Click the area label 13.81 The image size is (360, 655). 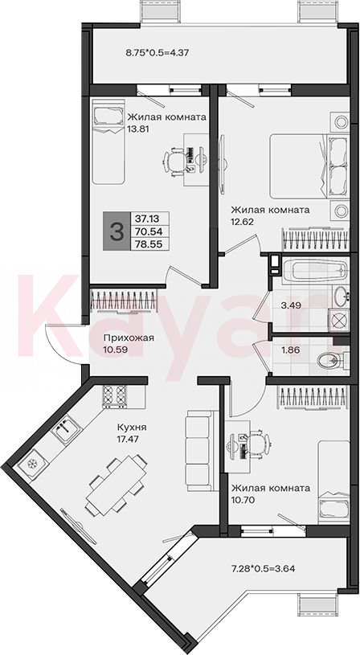click(x=138, y=129)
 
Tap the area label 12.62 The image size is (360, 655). click(x=242, y=221)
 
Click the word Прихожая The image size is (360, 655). click(x=123, y=338)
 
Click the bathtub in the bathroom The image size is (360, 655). click(x=314, y=271)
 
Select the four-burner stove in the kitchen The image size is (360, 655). click(x=114, y=396)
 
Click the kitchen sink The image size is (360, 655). click(x=66, y=428)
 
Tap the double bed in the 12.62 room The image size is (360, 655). click(x=309, y=166)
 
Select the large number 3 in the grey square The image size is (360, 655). click(x=117, y=231)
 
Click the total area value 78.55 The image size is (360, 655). click(x=149, y=244)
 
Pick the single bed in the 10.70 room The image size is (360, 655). click(x=333, y=481)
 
